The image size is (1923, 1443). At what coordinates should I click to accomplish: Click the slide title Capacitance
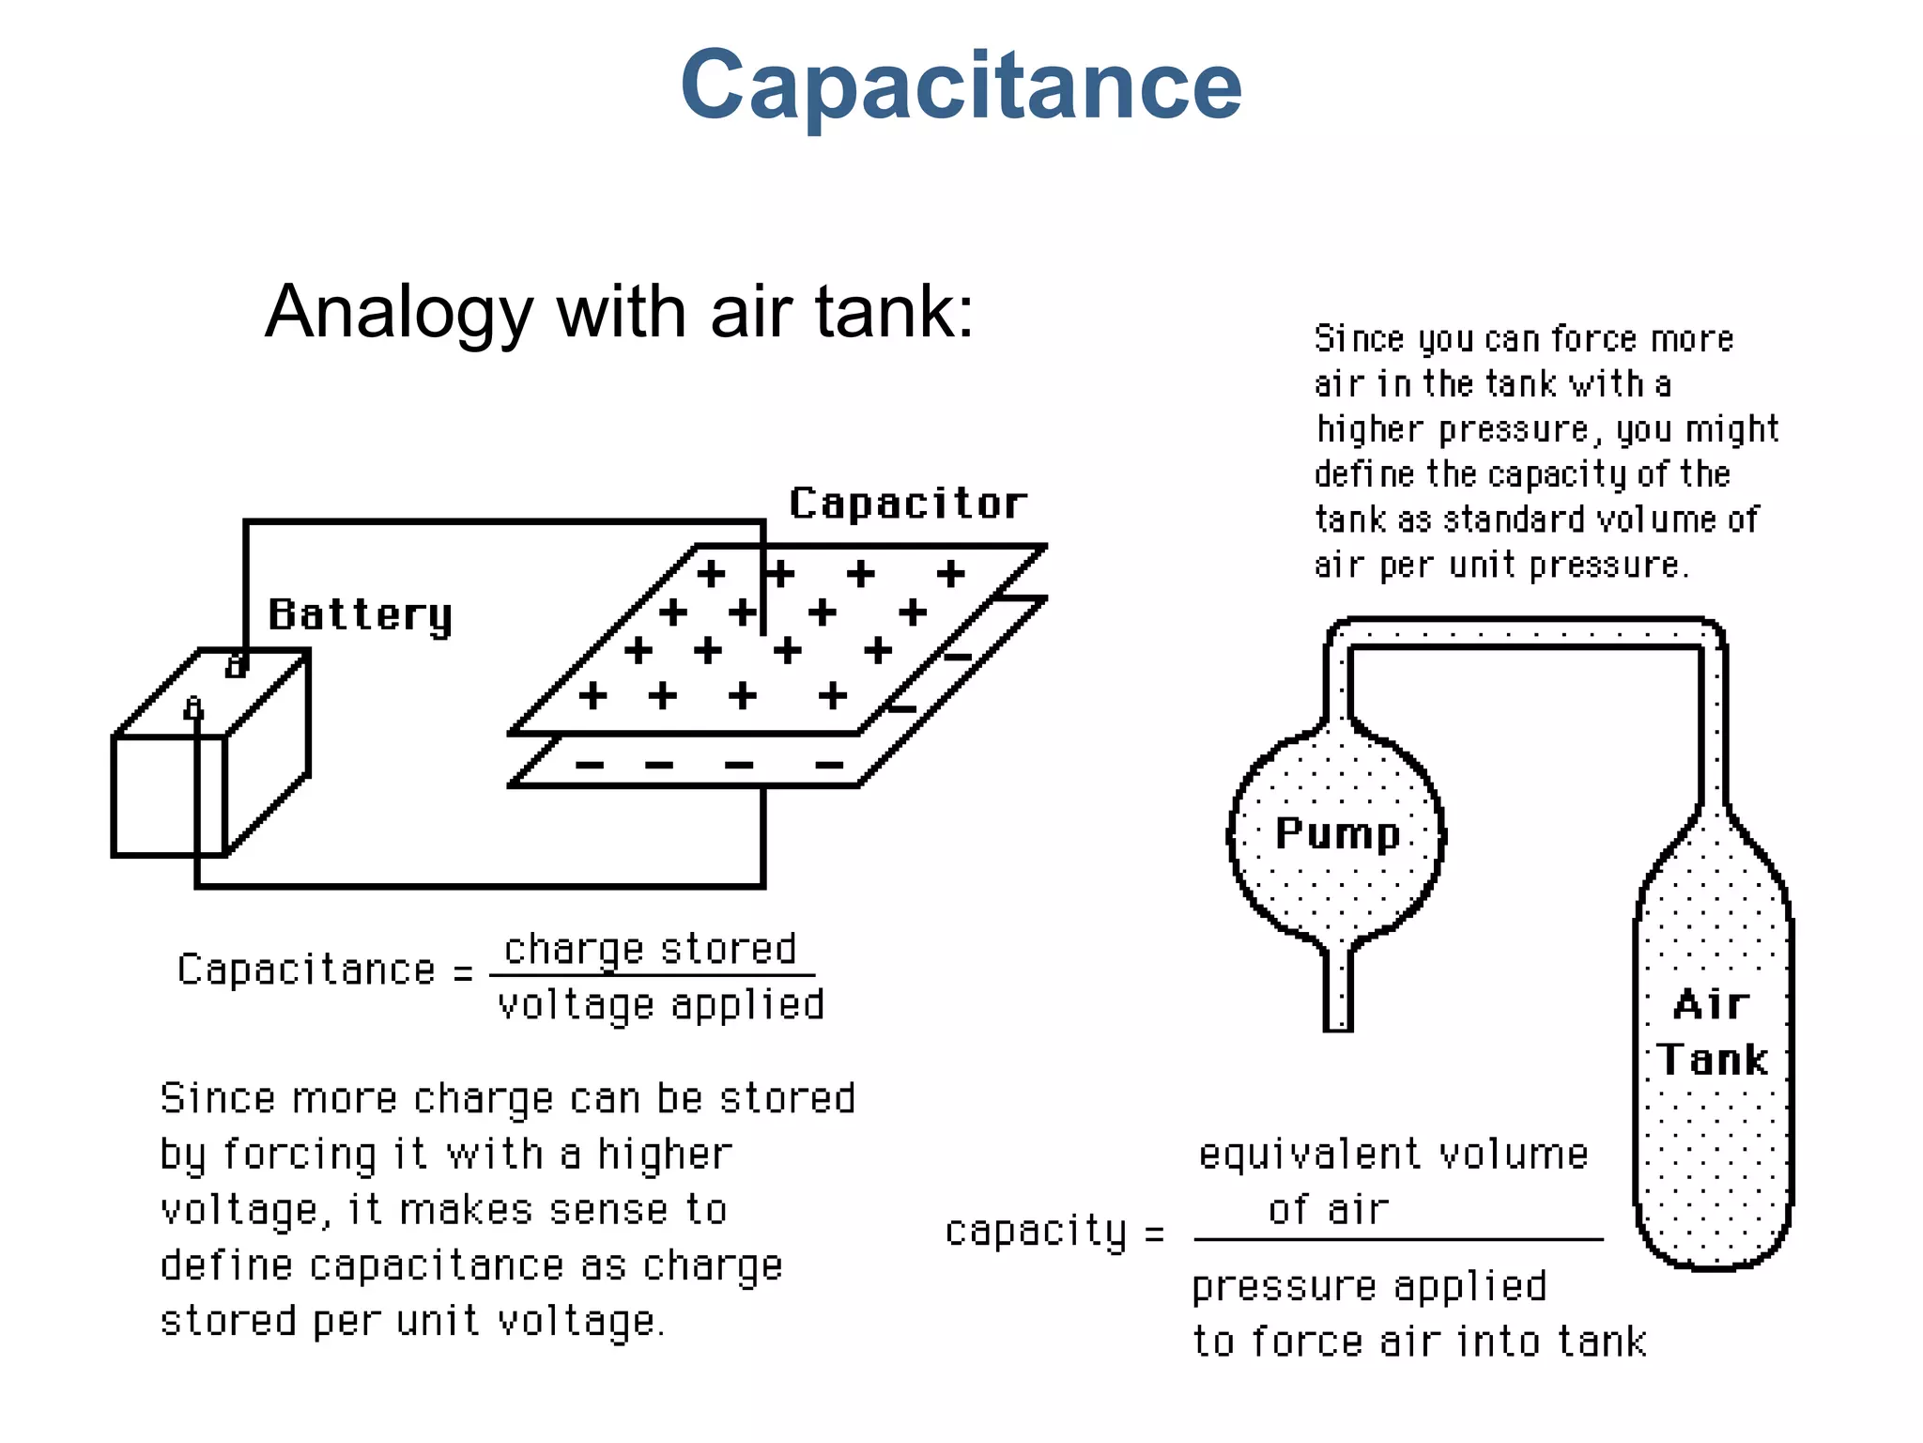click(961, 86)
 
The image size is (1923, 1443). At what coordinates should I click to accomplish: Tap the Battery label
click(360, 615)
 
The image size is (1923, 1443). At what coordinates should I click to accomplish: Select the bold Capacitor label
click(907, 504)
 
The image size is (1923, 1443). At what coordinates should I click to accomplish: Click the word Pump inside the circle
click(1337, 834)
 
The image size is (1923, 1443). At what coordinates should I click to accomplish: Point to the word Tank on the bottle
click(1712, 1060)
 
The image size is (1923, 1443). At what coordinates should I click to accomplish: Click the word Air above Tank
click(1712, 1005)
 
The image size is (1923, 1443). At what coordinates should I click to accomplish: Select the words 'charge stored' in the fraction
click(650, 950)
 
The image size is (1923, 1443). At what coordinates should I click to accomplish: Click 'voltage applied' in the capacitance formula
click(661, 1005)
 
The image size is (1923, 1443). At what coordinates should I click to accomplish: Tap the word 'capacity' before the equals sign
click(1036, 1231)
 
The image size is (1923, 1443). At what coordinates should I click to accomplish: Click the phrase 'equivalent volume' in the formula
click(1393, 1155)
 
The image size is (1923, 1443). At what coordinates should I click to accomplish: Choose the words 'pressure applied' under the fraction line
click(1369, 1286)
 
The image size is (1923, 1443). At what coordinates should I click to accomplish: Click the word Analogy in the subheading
click(399, 313)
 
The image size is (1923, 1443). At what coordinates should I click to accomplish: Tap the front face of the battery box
click(169, 795)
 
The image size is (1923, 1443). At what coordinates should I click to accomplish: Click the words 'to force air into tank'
click(1419, 1342)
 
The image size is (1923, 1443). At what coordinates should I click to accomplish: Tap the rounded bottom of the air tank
click(1713, 1249)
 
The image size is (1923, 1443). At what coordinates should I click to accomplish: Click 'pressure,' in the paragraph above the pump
click(1515, 430)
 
